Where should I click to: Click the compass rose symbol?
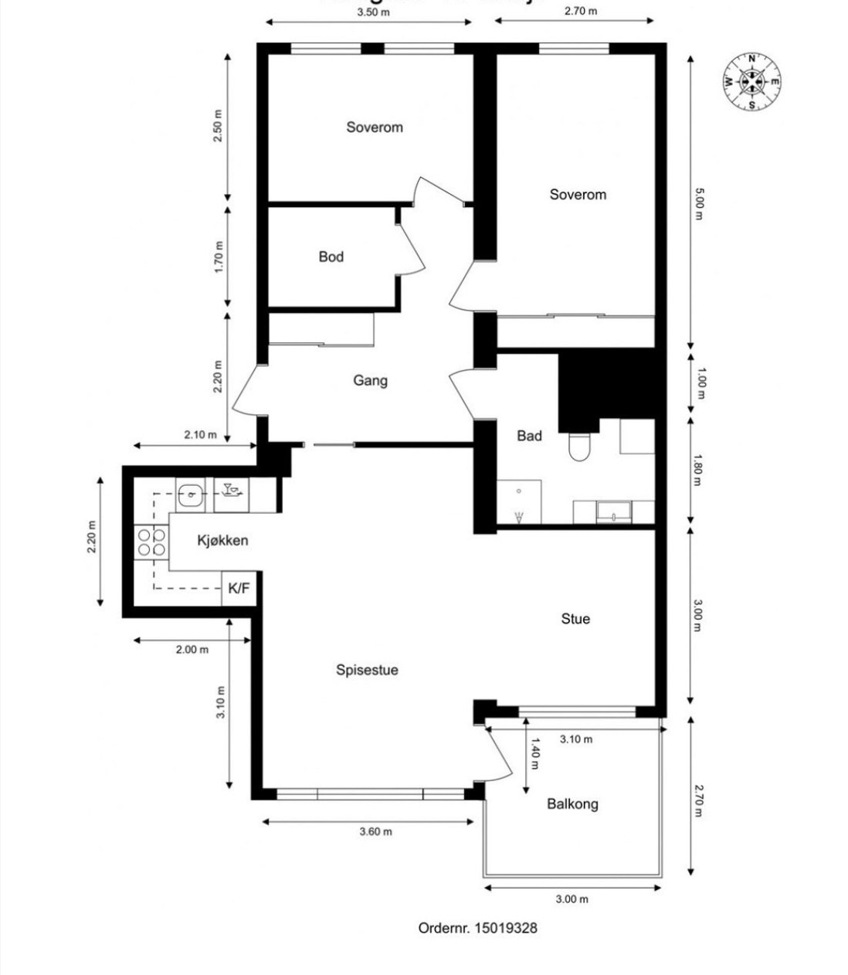coord(751,81)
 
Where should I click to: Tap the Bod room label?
coord(331,256)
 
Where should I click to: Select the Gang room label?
coord(370,380)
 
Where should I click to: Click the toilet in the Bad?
coord(578,447)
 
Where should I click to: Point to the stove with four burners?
coord(151,542)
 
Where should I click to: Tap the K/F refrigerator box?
coord(239,589)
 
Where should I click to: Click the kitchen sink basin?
coord(190,494)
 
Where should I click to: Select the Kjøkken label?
coord(222,540)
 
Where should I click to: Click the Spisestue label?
coord(367,670)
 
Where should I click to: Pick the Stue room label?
coord(575,619)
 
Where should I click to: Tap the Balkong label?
coord(572,803)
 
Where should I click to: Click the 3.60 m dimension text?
coord(375,832)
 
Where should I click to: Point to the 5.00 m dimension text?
coord(698,203)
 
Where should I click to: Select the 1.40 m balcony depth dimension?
coord(534,754)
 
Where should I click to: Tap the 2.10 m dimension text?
coord(200,434)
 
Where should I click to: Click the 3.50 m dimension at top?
coord(374,12)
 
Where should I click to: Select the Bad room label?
coord(529,436)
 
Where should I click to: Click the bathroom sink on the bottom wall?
coord(614,511)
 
